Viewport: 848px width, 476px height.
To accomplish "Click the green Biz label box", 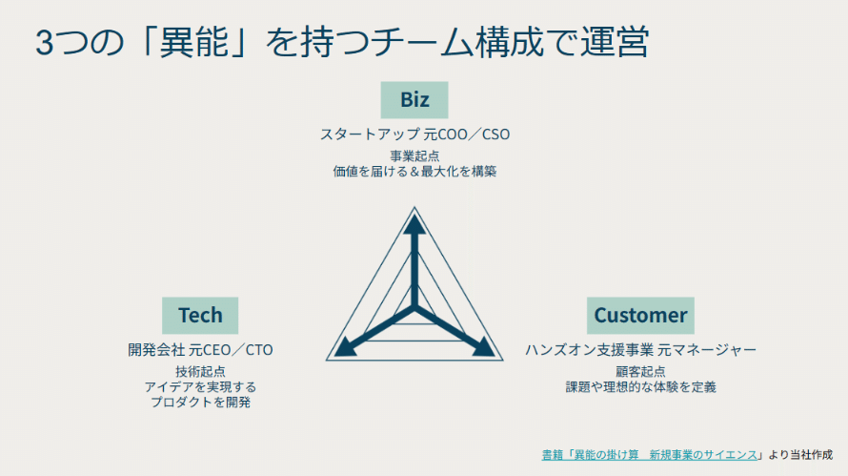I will (414, 100).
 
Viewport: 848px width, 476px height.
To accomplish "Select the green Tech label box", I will (200, 315).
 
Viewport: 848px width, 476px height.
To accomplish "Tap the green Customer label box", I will (640, 315).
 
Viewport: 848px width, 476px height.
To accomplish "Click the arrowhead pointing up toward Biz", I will (414, 224).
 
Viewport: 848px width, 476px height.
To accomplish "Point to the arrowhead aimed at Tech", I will (343, 347).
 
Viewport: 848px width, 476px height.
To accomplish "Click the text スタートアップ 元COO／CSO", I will (414, 135).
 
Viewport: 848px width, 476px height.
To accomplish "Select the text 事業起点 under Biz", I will (414, 155).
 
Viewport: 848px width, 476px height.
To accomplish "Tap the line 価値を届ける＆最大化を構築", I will (414, 172).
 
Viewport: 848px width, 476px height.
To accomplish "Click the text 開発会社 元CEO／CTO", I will (200, 350).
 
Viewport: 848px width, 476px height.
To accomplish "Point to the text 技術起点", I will (200, 371).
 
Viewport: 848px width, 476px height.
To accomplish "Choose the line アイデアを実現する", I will (200, 387).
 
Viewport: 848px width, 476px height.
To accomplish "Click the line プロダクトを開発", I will (200, 403).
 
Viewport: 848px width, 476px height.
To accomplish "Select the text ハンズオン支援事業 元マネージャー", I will (640, 350).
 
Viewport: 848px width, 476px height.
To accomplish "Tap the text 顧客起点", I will (640, 371).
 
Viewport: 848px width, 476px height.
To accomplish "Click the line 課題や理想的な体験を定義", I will (640, 387).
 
